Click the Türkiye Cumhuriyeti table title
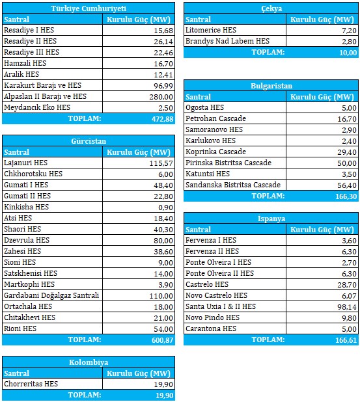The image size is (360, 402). tap(89, 8)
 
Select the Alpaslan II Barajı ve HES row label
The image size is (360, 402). tap(45, 96)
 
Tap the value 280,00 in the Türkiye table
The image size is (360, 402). tap(161, 97)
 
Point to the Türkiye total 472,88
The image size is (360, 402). tap(163, 119)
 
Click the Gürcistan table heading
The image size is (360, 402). tap(89, 141)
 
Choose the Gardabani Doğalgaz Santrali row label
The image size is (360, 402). tap(51, 295)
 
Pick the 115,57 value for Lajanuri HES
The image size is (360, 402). tap(161, 163)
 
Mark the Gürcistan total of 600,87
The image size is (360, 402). tap(163, 340)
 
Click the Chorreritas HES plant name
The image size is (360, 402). tap(31, 384)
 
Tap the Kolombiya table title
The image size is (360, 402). tap(89, 362)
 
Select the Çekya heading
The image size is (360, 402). tap(271, 8)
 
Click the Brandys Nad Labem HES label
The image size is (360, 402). tap(228, 41)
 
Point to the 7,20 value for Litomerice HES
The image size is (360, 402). tap(349, 31)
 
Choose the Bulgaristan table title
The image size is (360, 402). tap(271, 86)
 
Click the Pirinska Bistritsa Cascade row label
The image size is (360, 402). tap(228, 163)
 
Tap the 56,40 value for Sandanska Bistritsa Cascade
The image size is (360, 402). tap(347, 185)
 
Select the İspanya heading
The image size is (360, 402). tap(271, 219)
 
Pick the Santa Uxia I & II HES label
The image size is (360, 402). tap(221, 306)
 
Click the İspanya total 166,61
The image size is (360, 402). tap(346, 340)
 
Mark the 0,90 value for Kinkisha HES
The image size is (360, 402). tap(165, 208)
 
